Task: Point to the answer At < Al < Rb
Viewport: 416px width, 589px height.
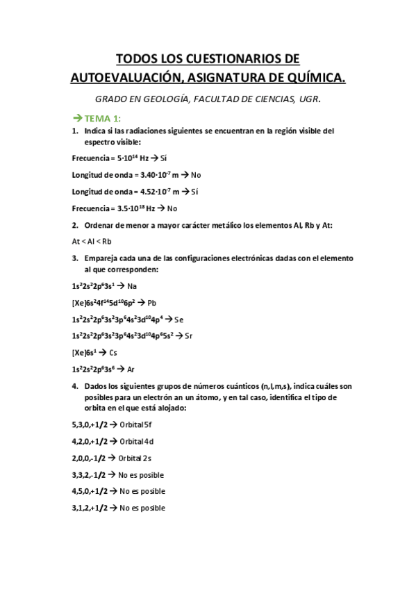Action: [92, 241]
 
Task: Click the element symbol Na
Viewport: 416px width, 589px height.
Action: [132, 285]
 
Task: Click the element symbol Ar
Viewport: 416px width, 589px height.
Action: [131, 369]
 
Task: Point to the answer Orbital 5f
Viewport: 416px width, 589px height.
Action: [136, 424]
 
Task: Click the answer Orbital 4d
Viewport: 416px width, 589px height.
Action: [137, 440]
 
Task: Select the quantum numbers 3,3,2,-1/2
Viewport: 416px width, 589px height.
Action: [89, 474]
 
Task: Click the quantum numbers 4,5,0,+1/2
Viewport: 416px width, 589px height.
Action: [90, 491]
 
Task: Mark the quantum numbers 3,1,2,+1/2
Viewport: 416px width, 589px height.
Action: [90, 508]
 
